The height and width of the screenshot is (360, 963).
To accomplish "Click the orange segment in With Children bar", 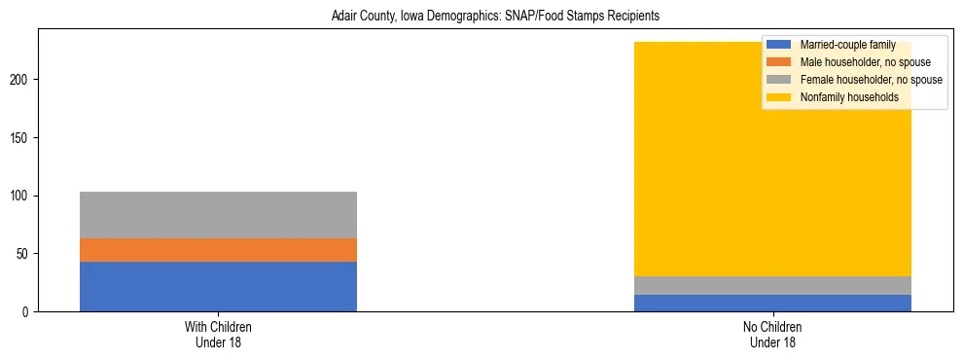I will click(218, 250).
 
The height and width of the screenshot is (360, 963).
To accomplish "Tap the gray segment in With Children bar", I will click(218, 214).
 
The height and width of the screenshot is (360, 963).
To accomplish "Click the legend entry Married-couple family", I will click(842, 45).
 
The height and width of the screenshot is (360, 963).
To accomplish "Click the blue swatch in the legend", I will click(779, 45).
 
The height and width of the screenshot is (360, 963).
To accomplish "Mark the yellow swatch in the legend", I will click(779, 97).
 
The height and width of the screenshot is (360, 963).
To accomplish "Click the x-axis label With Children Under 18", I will click(218, 334).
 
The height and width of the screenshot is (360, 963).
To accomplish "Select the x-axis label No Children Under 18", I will click(772, 334).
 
